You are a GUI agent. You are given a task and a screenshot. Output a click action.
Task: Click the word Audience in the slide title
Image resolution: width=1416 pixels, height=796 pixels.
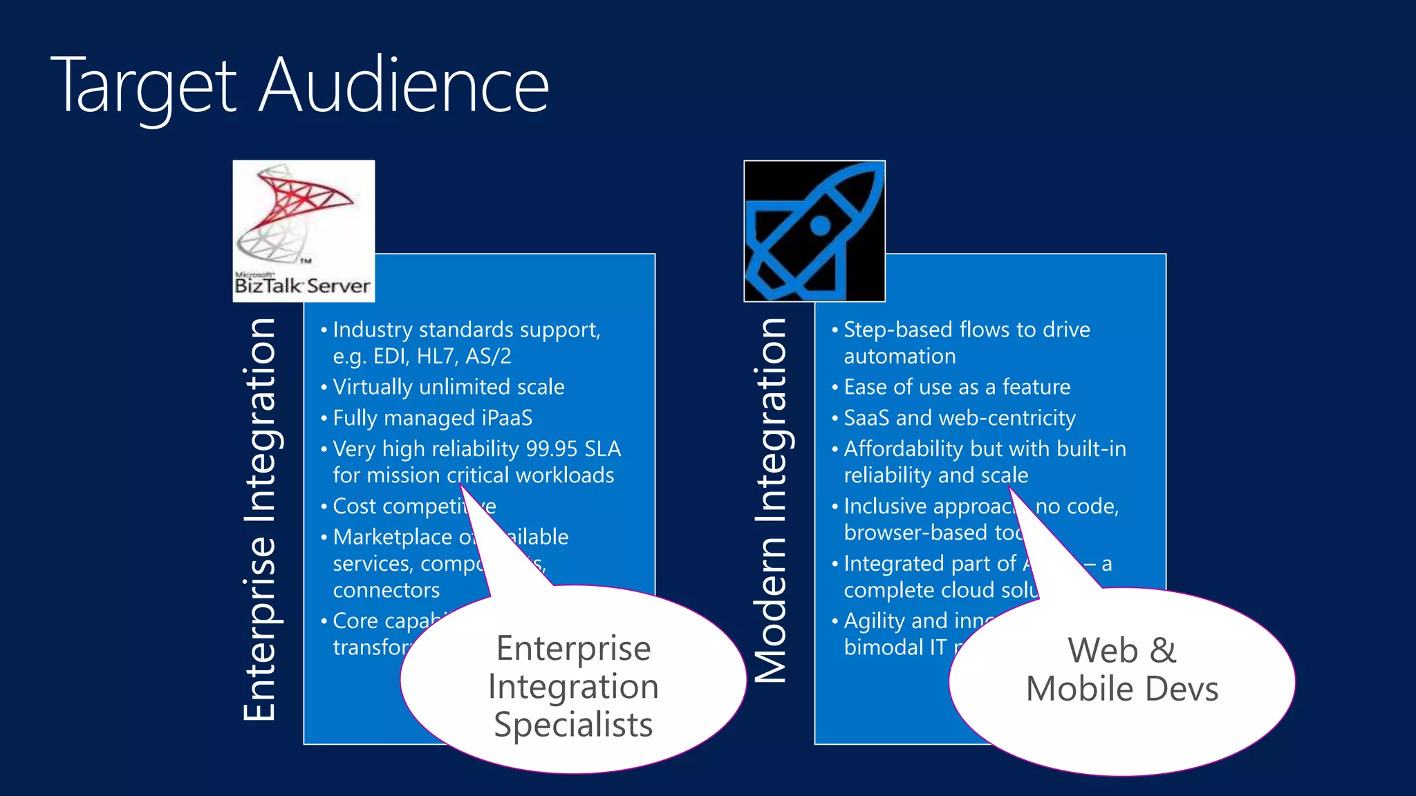tap(404, 86)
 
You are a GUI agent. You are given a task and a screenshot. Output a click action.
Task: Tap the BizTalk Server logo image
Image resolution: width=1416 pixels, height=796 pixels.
tap(304, 231)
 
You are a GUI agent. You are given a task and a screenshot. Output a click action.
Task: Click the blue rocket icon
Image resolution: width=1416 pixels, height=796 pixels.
tap(814, 231)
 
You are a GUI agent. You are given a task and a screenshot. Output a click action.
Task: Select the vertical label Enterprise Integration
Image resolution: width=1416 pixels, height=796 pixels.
tap(260, 520)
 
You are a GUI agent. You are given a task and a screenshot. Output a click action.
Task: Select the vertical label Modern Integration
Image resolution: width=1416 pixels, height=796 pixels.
tap(771, 501)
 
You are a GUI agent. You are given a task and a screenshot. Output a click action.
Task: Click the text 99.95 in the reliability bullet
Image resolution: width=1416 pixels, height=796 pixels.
tap(551, 449)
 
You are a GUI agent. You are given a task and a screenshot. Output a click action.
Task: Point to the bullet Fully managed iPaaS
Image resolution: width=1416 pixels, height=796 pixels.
tap(432, 418)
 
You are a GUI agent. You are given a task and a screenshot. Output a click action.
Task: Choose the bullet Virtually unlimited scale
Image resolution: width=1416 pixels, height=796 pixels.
tap(448, 387)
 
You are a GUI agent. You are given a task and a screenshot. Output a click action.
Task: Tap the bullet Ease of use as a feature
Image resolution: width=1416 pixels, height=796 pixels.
tap(956, 387)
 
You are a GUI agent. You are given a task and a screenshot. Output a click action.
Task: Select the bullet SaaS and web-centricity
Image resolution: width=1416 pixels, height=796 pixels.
tap(959, 418)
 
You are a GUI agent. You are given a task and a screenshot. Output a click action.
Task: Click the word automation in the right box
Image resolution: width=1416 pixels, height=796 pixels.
tap(900, 357)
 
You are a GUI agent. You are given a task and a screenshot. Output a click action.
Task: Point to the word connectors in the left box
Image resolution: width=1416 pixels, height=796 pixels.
tap(386, 590)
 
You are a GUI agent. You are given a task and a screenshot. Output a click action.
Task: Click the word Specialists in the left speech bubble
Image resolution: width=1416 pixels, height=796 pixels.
tap(573, 725)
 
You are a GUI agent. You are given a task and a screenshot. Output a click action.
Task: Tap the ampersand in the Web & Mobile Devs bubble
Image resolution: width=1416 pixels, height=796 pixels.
tap(1163, 651)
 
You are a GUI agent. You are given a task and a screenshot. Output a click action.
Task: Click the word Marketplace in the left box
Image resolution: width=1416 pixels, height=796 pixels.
tap(392, 537)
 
